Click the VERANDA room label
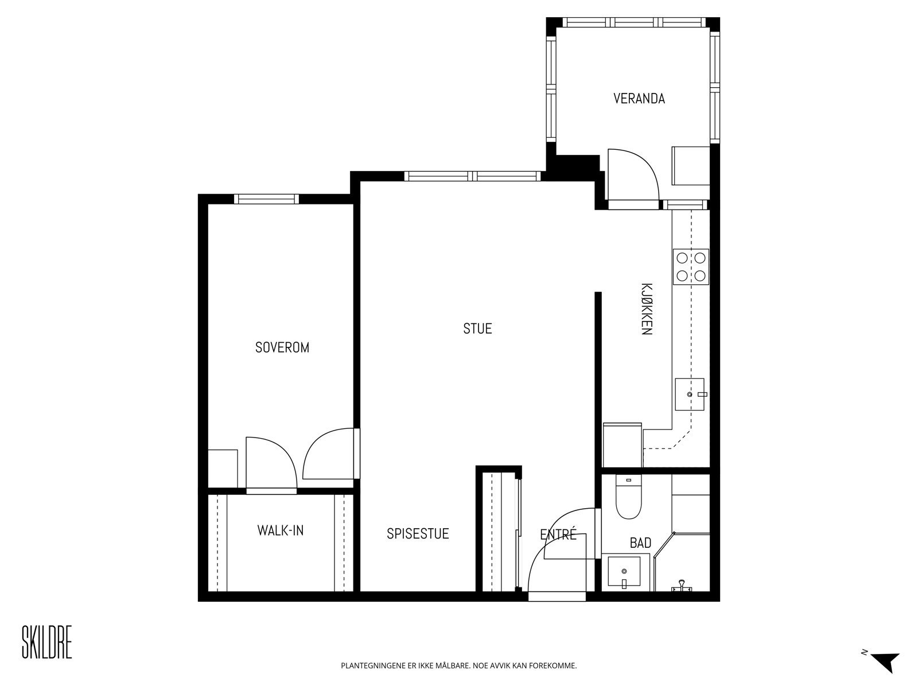click(x=639, y=99)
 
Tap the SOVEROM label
click(x=282, y=347)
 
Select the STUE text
click(x=477, y=329)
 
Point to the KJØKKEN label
click(x=647, y=309)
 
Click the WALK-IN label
click(x=280, y=531)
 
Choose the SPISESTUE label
click(x=418, y=534)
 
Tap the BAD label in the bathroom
click(x=641, y=543)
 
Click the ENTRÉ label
click(x=558, y=534)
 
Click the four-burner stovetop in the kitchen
click(x=691, y=267)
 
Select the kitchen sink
click(x=690, y=394)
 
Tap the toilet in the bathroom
click(x=629, y=497)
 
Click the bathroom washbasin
click(x=624, y=571)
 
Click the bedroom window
click(x=266, y=199)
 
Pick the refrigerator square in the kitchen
click(x=623, y=445)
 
